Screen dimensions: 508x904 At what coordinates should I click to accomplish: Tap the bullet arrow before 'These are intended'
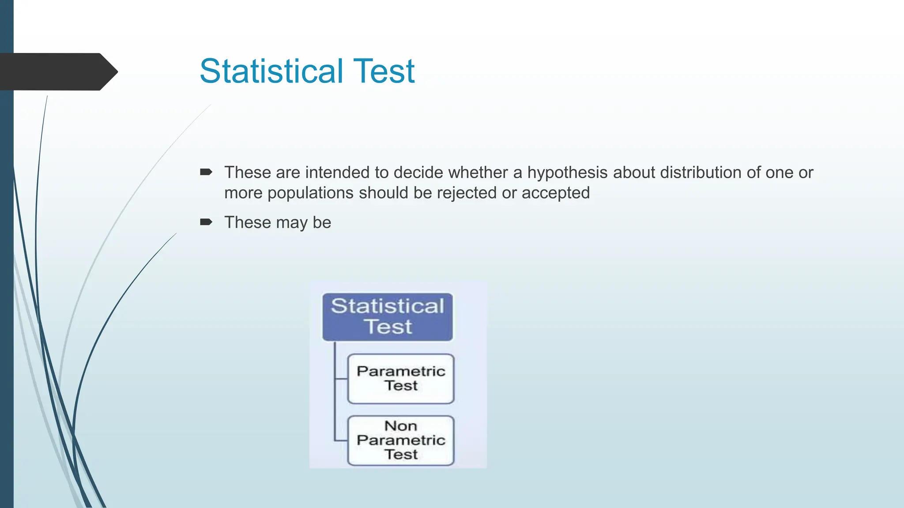pyautogui.click(x=206, y=172)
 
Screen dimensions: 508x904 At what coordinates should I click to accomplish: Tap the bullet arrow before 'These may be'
pyautogui.click(x=206, y=222)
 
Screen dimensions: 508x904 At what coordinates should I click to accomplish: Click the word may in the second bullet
pyautogui.click(x=291, y=223)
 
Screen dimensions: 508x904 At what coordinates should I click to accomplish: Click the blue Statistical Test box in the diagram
pyautogui.click(x=387, y=317)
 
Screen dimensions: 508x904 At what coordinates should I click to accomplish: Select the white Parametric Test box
pyautogui.click(x=400, y=378)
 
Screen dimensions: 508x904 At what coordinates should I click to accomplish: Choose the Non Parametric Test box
pyautogui.click(x=400, y=440)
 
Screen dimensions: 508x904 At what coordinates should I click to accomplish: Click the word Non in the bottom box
pyautogui.click(x=400, y=426)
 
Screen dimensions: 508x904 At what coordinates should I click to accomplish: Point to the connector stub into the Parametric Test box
pyautogui.click(x=341, y=378)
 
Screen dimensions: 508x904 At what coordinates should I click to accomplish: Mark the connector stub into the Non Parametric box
pyautogui.click(x=341, y=440)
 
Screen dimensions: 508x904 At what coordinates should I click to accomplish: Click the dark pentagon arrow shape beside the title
pyautogui.click(x=57, y=71)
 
